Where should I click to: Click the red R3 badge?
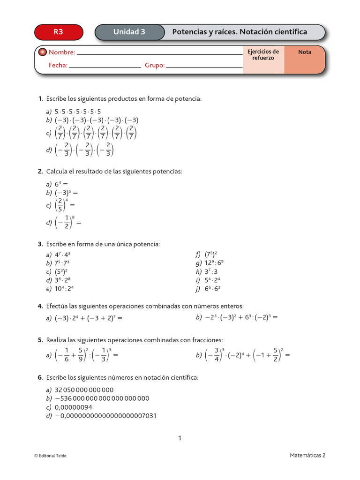pyautogui.click(x=59, y=32)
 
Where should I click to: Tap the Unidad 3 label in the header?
pyautogui.click(x=129, y=32)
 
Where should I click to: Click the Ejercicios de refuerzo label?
pyautogui.click(x=263, y=55)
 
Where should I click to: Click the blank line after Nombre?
pyautogui.click(x=159, y=53)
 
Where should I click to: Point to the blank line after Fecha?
pyautogui.click(x=105, y=66)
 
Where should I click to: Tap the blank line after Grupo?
pyautogui.click(x=204, y=66)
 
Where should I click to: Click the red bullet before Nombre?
pyautogui.click(x=42, y=52)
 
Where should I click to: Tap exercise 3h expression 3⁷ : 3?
pyautogui.click(x=211, y=271)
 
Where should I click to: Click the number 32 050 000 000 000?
pyautogui.click(x=84, y=390)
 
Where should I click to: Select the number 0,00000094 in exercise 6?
pyautogui.click(x=74, y=407)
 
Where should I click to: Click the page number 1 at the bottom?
pyautogui.click(x=180, y=438)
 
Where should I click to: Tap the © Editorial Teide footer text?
pyautogui.click(x=51, y=456)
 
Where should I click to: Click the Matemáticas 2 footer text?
pyautogui.click(x=307, y=455)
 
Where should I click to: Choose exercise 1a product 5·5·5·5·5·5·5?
pyautogui.click(x=78, y=112)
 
